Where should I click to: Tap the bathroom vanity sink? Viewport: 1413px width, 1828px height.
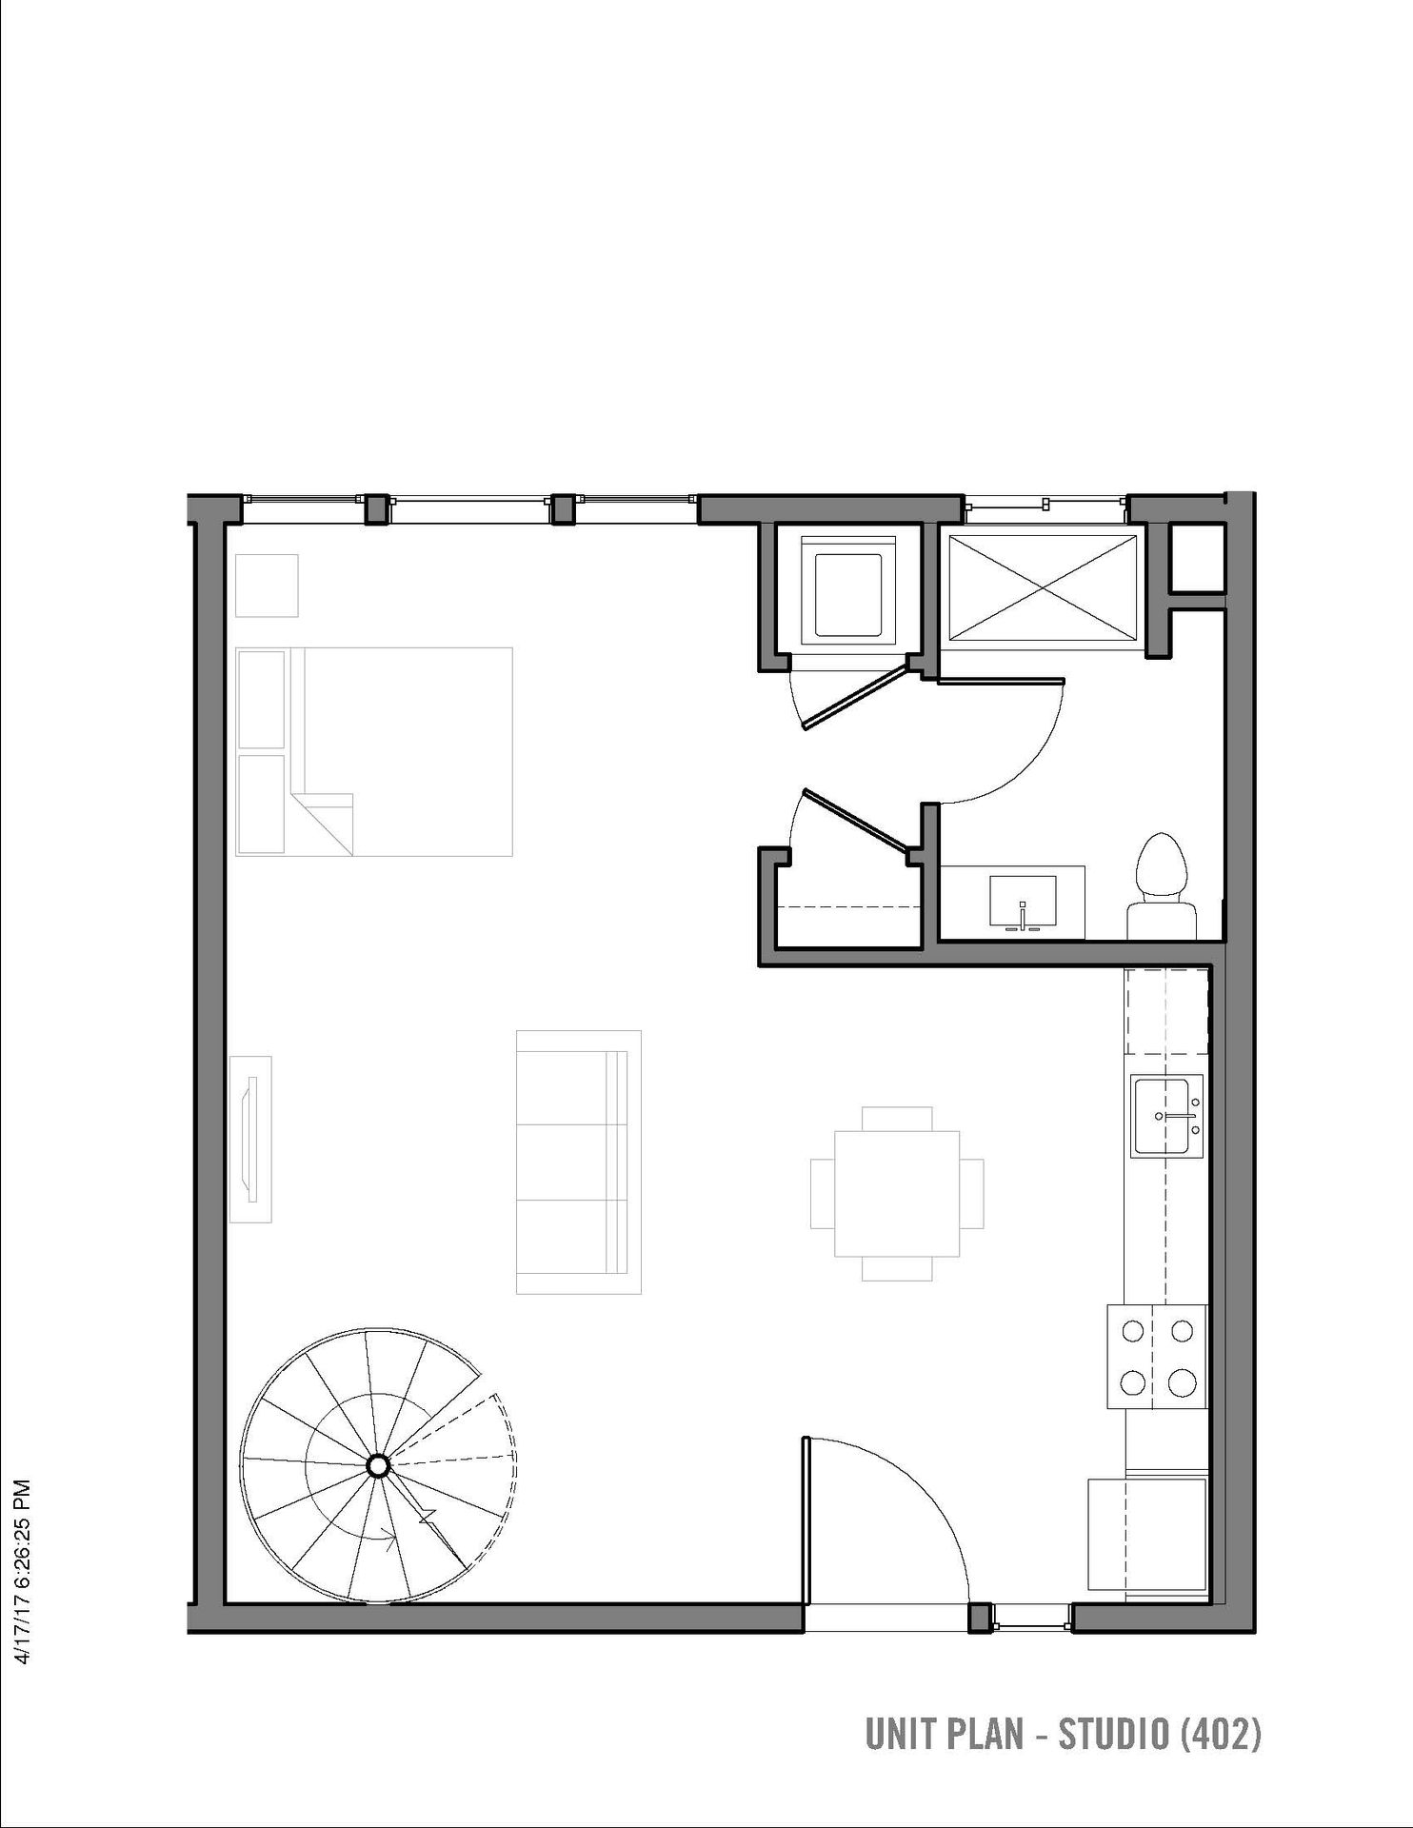1023,903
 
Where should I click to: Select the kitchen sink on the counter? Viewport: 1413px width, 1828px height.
1167,1117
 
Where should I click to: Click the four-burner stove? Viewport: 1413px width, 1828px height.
1157,1356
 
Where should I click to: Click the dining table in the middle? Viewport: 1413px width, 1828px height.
897,1193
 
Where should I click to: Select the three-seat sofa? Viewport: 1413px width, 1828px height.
578,1162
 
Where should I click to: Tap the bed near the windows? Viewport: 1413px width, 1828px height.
374,751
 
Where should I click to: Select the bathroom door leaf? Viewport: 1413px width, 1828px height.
1001,682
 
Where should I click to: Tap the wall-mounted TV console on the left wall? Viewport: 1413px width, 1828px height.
250,1139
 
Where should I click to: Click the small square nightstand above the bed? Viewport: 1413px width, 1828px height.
267,586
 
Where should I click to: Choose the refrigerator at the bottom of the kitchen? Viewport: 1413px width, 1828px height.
1147,1534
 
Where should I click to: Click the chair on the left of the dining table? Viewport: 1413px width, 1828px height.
823,1194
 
